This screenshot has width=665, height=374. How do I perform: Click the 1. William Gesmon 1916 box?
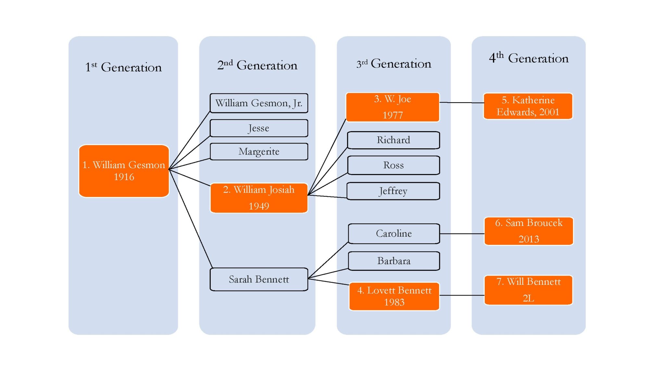click(x=124, y=171)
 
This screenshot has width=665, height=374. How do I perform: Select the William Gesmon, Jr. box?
click(x=259, y=103)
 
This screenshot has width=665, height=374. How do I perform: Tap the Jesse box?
click(x=259, y=128)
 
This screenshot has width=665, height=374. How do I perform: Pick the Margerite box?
click(x=259, y=152)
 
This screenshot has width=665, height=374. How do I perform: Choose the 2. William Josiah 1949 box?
click(x=259, y=198)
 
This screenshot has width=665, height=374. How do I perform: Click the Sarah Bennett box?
click(x=259, y=279)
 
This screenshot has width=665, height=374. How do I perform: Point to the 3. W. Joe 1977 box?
click(x=393, y=107)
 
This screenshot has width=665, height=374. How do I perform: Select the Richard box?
click(x=394, y=140)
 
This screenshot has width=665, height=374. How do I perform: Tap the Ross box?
click(x=394, y=165)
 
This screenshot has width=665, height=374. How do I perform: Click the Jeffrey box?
click(x=393, y=191)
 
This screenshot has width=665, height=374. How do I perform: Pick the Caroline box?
click(x=394, y=233)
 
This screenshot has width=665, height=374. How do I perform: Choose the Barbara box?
click(x=394, y=261)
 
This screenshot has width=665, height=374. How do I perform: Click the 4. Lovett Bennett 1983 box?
click(x=394, y=296)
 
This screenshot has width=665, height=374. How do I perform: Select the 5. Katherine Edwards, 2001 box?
click(x=528, y=106)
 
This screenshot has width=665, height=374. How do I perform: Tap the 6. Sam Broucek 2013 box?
click(x=529, y=231)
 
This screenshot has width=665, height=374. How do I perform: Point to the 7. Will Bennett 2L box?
click(x=528, y=290)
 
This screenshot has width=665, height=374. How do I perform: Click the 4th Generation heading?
click(x=529, y=58)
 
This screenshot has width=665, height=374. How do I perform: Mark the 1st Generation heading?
click(x=123, y=67)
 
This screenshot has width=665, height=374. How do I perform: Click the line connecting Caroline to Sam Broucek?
click(x=462, y=234)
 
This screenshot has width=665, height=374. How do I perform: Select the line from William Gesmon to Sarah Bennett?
click(x=190, y=218)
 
